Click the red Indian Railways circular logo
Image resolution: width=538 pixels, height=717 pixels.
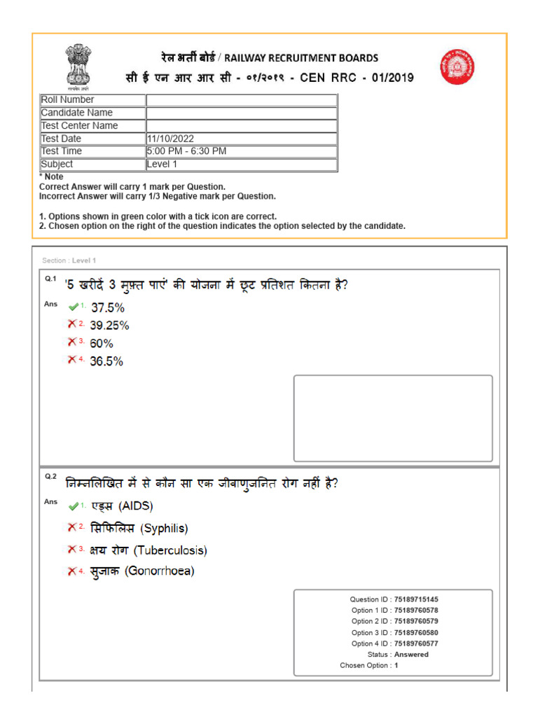point(457,67)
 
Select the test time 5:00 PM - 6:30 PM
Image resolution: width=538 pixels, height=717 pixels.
point(186,151)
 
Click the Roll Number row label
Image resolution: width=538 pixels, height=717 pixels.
point(67,100)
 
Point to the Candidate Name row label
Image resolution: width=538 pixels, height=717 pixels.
point(76,113)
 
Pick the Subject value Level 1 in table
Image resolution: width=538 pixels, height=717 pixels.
point(162,165)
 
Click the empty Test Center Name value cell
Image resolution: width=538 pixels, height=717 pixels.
point(241,126)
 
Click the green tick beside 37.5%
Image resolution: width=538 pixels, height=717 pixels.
point(73,307)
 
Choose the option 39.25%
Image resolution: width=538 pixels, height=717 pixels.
point(109,326)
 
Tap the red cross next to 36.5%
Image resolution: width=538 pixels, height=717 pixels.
point(72,360)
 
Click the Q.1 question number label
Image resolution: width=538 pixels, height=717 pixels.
point(50,279)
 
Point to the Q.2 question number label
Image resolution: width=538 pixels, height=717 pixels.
point(50,476)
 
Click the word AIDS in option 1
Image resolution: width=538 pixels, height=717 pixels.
point(135,506)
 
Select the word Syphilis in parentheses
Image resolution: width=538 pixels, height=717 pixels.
point(165,529)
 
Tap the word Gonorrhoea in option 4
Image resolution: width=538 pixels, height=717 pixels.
point(160,571)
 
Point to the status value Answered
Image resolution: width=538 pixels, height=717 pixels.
point(411,655)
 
